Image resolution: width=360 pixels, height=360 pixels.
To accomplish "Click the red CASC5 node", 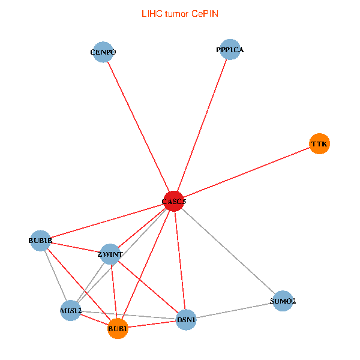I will coord(174,202).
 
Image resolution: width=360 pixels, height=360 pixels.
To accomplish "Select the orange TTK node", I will coord(319,144).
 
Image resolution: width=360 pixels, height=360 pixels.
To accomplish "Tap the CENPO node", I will coord(103,52).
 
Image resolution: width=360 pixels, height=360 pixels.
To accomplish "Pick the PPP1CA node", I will coord(230,50).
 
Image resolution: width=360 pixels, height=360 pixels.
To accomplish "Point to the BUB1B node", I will coord(40,241).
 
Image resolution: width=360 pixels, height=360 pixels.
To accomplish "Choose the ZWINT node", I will coord(110,254).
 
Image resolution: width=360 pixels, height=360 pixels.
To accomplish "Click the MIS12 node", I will coord(71,310).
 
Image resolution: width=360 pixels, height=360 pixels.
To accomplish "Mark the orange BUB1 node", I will coord(118,329).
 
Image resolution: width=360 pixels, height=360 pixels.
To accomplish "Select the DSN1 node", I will coord(187,320).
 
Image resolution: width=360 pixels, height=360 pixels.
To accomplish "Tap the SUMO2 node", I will coord(283,301).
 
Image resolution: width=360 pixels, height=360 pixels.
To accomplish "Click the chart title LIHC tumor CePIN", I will coord(179,13).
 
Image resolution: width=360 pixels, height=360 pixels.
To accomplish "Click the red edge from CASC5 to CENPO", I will coord(139,127).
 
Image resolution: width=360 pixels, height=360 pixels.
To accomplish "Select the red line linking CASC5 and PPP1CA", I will coord(202,126).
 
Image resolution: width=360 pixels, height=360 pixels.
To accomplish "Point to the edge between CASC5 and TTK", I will coord(247,173).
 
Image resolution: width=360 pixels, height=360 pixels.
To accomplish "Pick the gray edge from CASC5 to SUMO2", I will coord(228,251).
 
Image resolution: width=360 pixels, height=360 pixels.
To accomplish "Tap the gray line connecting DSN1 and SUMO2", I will coord(235,310).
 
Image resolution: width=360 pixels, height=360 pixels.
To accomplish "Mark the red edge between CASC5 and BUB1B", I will coord(107,221).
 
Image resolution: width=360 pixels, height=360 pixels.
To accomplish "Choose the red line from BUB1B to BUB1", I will coord(79,285).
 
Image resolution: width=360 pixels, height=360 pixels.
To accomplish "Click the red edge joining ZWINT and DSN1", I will coord(148,287).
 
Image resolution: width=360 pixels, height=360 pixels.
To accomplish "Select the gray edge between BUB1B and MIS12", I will coord(55,275).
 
